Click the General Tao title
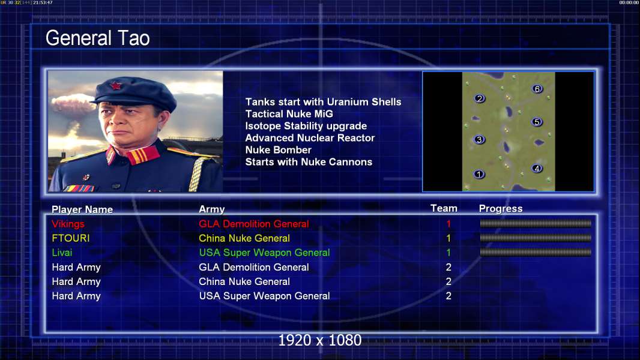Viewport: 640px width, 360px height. click(x=97, y=38)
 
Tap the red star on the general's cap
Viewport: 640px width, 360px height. click(x=116, y=86)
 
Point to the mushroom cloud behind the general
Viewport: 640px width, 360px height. click(x=73, y=104)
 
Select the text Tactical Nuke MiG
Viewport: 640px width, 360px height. click(x=289, y=114)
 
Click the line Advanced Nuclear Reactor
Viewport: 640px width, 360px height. click(x=310, y=138)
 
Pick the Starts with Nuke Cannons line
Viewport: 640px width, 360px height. click(x=309, y=162)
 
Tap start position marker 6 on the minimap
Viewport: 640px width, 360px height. click(x=537, y=89)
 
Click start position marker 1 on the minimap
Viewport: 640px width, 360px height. click(x=478, y=175)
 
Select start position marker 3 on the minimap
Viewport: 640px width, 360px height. click(x=479, y=140)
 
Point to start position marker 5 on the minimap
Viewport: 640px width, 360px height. click(x=537, y=122)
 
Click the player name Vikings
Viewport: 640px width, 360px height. click(x=68, y=224)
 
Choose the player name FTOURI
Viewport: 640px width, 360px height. click(x=71, y=238)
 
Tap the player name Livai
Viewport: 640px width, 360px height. click(x=62, y=253)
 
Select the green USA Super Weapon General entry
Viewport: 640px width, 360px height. click(x=265, y=253)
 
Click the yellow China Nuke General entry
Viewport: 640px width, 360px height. click(x=244, y=238)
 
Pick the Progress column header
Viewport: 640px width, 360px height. click(x=501, y=209)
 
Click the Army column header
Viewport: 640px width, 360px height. click(x=212, y=209)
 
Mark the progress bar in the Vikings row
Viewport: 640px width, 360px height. click(x=536, y=223)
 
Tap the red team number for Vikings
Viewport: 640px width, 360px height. click(x=448, y=224)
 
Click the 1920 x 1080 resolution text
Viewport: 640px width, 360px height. click(x=320, y=340)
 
